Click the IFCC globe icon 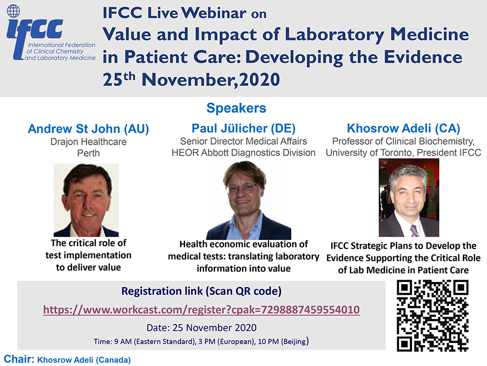click(x=13, y=11)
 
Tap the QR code click(x=433, y=316)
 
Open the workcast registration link click(x=201, y=310)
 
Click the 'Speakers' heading click(x=236, y=108)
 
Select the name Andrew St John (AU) click(x=88, y=129)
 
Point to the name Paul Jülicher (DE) click(x=243, y=128)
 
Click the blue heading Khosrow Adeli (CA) click(x=403, y=128)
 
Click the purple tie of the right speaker click(x=414, y=231)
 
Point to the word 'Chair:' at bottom click(x=19, y=359)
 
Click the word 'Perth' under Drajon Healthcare click(x=88, y=153)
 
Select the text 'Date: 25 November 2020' click(x=201, y=328)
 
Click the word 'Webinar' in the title click(x=214, y=13)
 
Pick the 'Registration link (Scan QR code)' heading click(x=201, y=291)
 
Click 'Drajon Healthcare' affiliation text click(x=88, y=142)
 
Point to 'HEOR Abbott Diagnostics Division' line click(x=243, y=152)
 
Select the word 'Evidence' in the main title click(x=423, y=57)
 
